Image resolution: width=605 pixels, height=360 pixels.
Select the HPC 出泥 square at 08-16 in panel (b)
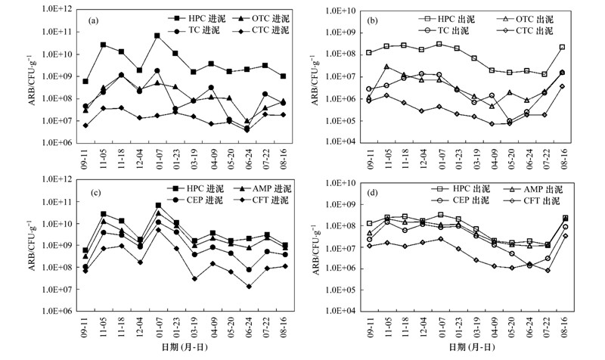[563, 47]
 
